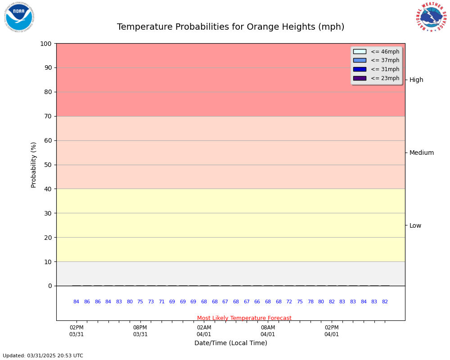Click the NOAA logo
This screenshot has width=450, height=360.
click(x=19, y=17)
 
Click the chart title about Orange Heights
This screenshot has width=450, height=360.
click(x=230, y=27)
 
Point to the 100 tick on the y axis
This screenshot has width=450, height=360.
click(x=46, y=44)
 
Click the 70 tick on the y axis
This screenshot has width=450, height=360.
click(x=48, y=116)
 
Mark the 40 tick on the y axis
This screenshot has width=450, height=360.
click(x=48, y=189)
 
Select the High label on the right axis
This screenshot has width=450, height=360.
click(x=416, y=80)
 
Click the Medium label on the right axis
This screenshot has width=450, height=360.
click(x=422, y=153)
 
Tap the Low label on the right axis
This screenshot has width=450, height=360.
click(x=415, y=225)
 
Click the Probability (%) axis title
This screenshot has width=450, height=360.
click(x=34, y=165)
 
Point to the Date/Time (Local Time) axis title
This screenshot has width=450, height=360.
click(x=230, y=343)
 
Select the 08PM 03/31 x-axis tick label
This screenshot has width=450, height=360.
click(x=140, y=331)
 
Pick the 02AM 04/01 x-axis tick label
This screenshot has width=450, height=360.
click(x=204, y=331)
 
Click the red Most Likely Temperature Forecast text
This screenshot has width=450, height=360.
click(x=244, y=318)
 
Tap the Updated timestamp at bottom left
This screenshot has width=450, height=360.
click(x=43, y=355)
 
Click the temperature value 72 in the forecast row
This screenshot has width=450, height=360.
click(x=289, y=302)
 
